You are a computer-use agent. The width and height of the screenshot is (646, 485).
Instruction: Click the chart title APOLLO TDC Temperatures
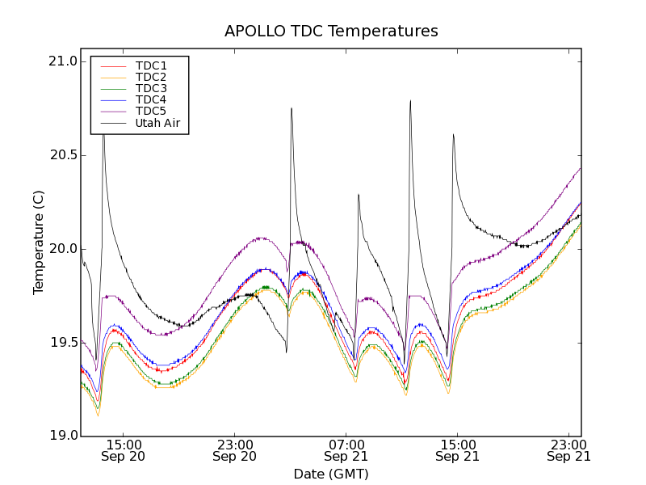[x=331, y=32]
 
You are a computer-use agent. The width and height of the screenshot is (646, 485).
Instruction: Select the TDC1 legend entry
[x=151, y=65]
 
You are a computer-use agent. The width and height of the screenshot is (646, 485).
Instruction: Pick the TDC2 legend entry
[x=151, y=77]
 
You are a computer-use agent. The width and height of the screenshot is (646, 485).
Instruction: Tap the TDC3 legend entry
[x=151, y=88]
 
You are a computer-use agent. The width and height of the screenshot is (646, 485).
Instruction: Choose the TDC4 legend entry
[x=151, y=99]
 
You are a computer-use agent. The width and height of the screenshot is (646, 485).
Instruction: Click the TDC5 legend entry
[x=151, y=111]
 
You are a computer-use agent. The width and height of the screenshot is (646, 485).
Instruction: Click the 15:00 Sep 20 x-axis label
[x=124, y=450]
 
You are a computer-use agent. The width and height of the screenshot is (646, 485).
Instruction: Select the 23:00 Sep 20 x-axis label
[x=235, y=450]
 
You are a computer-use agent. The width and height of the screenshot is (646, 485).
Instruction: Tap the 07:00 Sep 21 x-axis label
[x=346, y=450]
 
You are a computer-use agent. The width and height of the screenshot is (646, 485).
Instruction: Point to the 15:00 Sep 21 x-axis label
[x=458, y=450]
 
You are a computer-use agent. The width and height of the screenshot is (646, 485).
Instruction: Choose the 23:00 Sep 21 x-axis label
[x=569, y=450]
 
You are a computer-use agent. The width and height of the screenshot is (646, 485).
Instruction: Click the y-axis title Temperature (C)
[x=39, y=242]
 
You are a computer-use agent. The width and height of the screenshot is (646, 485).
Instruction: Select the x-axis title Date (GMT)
[x=331, y=474]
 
